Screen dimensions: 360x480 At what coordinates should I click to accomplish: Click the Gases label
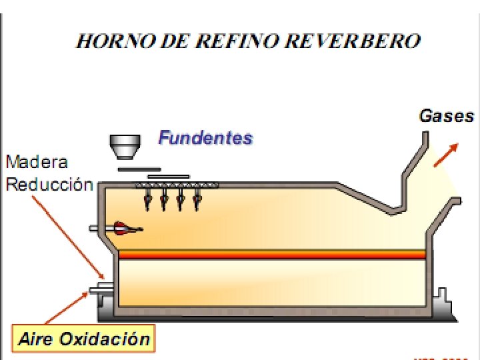tap(446, 116)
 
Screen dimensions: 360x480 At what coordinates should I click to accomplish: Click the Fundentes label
tap(205, 138)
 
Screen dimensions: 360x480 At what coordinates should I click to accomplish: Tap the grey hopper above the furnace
tap(125, 146)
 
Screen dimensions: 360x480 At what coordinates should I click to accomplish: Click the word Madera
tap(37, 161)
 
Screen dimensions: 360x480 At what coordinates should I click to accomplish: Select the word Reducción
tap(49, 185)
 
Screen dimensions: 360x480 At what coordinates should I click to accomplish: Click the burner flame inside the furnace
tap(125, 228)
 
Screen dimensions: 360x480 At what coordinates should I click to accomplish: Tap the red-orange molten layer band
tap(273, 254)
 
